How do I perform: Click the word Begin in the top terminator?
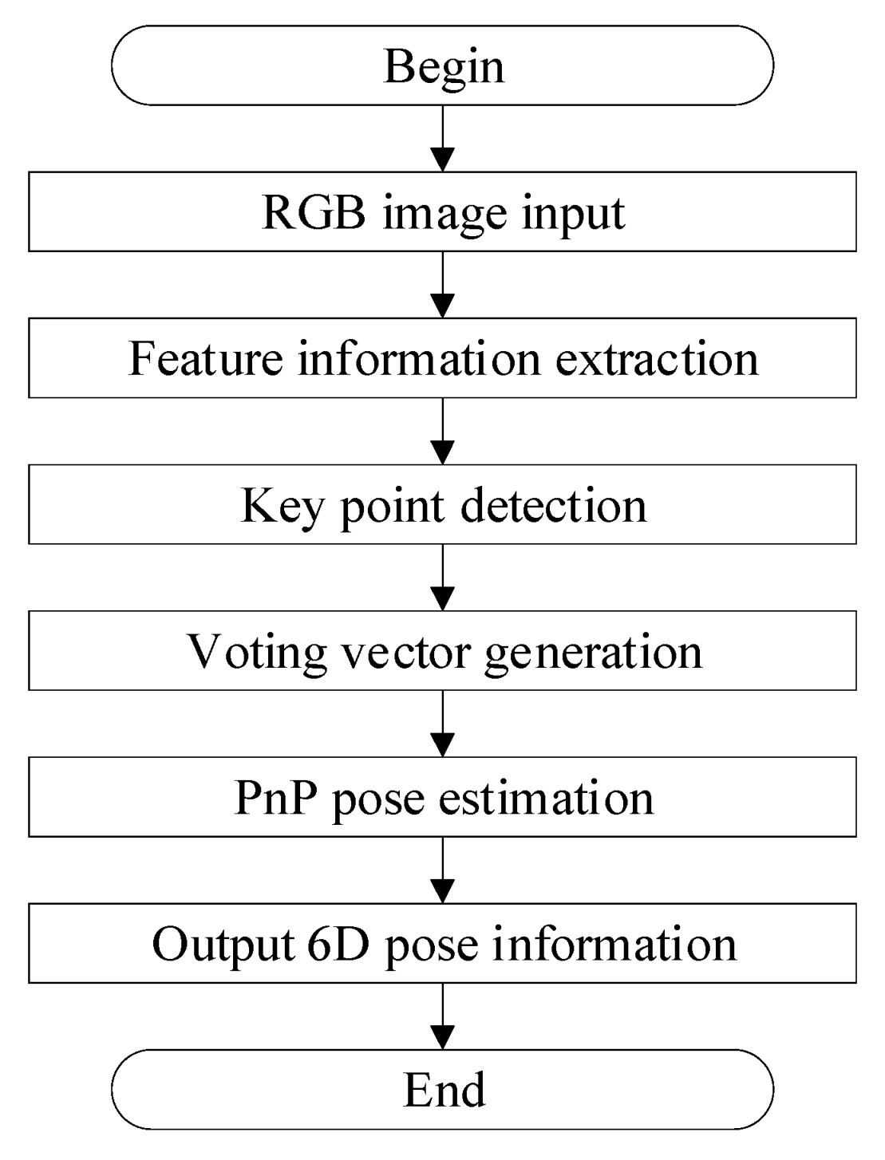(444, 66)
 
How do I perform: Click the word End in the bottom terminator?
(444, 1090)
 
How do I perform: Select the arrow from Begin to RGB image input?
(442, 139)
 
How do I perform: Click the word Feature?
(205, 359)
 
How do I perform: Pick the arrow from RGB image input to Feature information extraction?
(442, 285)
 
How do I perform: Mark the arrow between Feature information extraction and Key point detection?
(442, 431)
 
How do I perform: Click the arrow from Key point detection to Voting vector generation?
(442, 578)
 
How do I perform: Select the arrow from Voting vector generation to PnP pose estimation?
(442, 724)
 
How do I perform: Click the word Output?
(223, 945)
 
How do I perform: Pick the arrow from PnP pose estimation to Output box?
(442, 870)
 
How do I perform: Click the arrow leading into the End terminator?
(442, 1016)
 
